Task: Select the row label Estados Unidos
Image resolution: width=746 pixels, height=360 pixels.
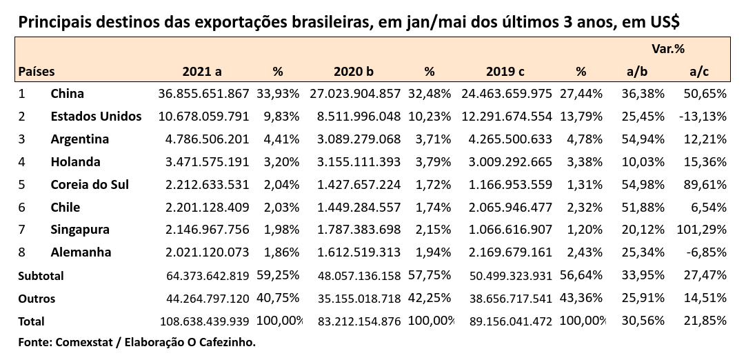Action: pyautogui.click(x=96, y=117)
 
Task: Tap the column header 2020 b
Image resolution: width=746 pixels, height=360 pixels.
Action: pyautogui.click(x=354, y=71)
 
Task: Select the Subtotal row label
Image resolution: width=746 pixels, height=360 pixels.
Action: pyautogui.click(x=41, y=276)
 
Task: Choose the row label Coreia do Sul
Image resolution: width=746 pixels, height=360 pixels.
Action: pyautogui.click(x=90, y=185)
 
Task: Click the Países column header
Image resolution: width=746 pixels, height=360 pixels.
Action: pyautogui.click(x=37, y=71)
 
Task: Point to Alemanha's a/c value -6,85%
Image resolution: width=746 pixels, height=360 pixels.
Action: pyautogui.click(x=706, y=252)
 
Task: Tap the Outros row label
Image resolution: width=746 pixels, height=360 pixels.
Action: pyautogui.click(x=37, y=299)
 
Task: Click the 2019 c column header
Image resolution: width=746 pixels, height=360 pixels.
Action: pyautogui.click(x=506, y=71)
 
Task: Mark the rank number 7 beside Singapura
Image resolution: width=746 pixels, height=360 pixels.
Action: pyautogui.click(x=22, y=230)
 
